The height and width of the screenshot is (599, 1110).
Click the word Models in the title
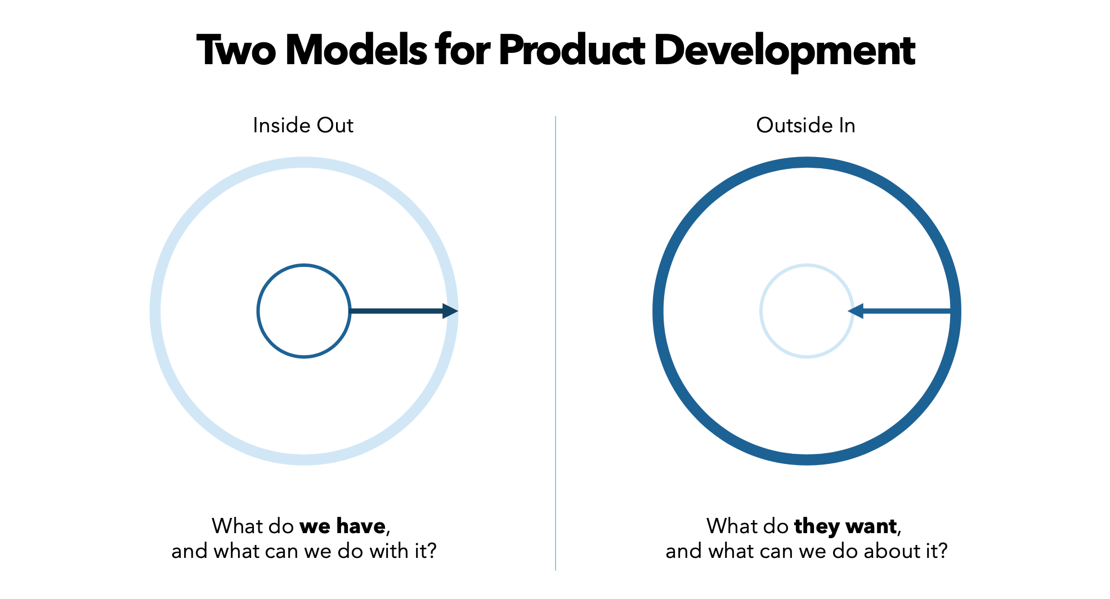tap(356, 51)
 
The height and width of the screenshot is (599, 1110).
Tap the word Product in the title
tap(572, 51)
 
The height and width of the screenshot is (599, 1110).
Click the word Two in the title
tap(237, 51)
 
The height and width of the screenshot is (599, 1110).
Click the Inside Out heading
tap(303, 125)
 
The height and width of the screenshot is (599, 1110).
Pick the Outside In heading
tap(805, 125)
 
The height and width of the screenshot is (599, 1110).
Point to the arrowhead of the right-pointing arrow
tap(450, 311)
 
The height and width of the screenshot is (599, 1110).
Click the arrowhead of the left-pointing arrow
tap(856, 311)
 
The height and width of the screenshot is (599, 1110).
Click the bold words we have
tap(342, 526)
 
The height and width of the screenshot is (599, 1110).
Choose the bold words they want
tap(845, 526)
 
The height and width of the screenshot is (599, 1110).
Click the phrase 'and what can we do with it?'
tap(304, 551)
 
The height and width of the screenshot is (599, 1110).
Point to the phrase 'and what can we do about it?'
tap(807, 551)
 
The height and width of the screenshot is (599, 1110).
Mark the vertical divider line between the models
tap(556, 343)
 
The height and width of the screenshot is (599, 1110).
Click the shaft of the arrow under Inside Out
tap(396, 311)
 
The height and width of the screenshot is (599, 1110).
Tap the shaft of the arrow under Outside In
tap(906, 311)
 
